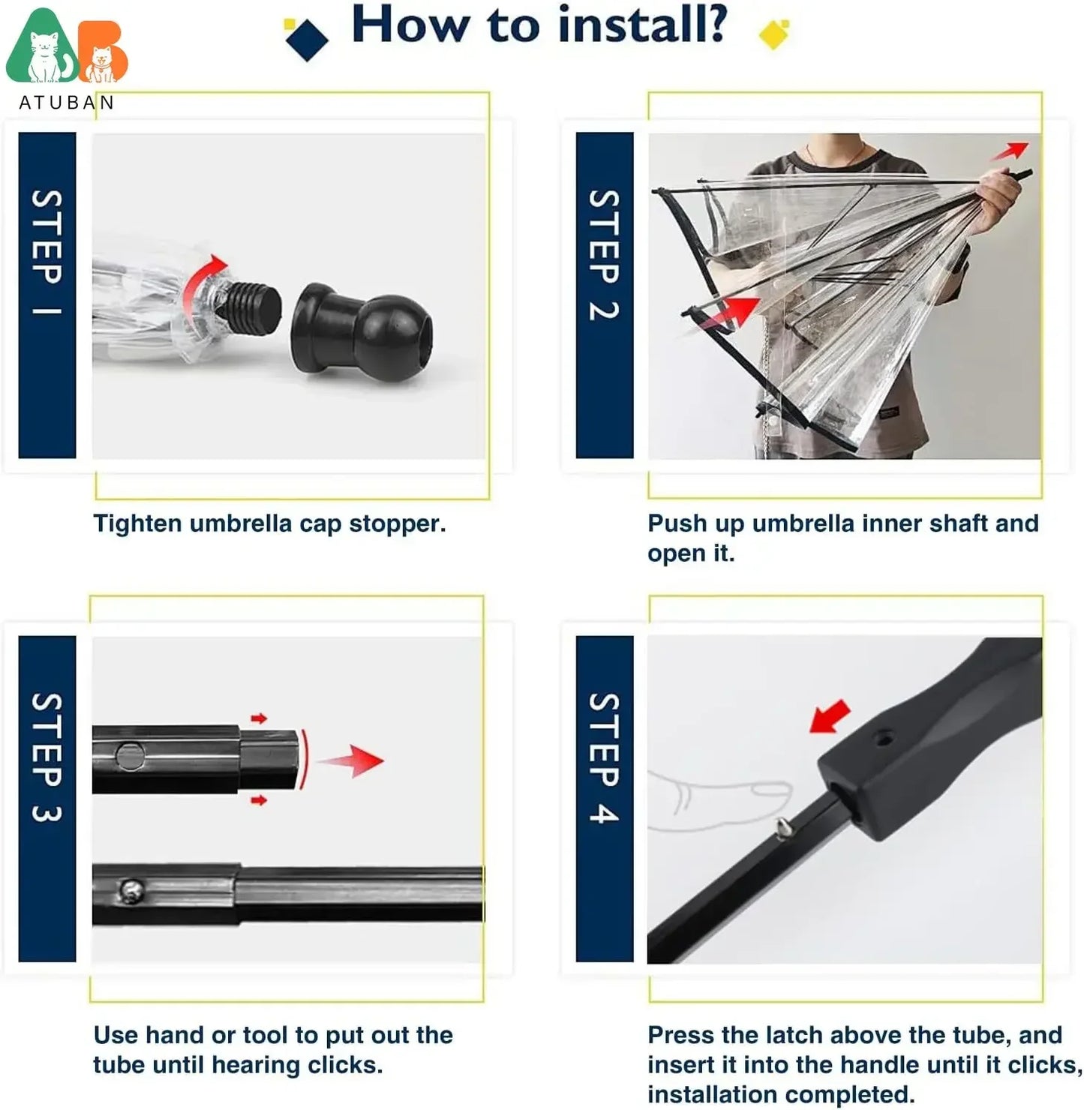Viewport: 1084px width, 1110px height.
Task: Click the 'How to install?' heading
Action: pyautogui.click(x=539, y=25)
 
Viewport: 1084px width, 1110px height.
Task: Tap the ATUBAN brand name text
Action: pyautogui.click(x=66, y=103)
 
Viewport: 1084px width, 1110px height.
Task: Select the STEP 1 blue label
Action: pyautogui.click(x=47, y=295)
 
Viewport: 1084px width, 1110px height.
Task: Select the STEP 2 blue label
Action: pyautogui.click(x=604, y=295)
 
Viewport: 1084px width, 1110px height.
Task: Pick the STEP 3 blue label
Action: pyautogui.click(x=47, y=798)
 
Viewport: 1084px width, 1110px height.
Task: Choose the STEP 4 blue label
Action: pyautogui.click(x=604, y=798)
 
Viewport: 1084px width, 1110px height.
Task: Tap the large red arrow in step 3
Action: pyautogui.click(x=353, y=760)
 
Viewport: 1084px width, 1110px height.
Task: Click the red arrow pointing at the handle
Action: pyautogui.click(x=830, y=717)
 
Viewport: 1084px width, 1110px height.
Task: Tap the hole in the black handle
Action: pyautogui.click(x=885, y=739)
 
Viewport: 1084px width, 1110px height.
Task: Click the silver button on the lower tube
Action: pyautogui.click(x=131, y=892)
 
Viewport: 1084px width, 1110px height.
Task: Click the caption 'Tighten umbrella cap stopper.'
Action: pyautogui.click(x=269, y=523)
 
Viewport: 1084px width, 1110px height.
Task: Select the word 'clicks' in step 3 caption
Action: pyautogui.click(x=344, y=1065)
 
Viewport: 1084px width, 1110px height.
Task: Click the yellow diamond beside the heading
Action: pyautogui.click(x=774, y=34)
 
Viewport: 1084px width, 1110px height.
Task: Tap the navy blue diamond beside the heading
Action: pyautogui.click(x=307, y=38)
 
